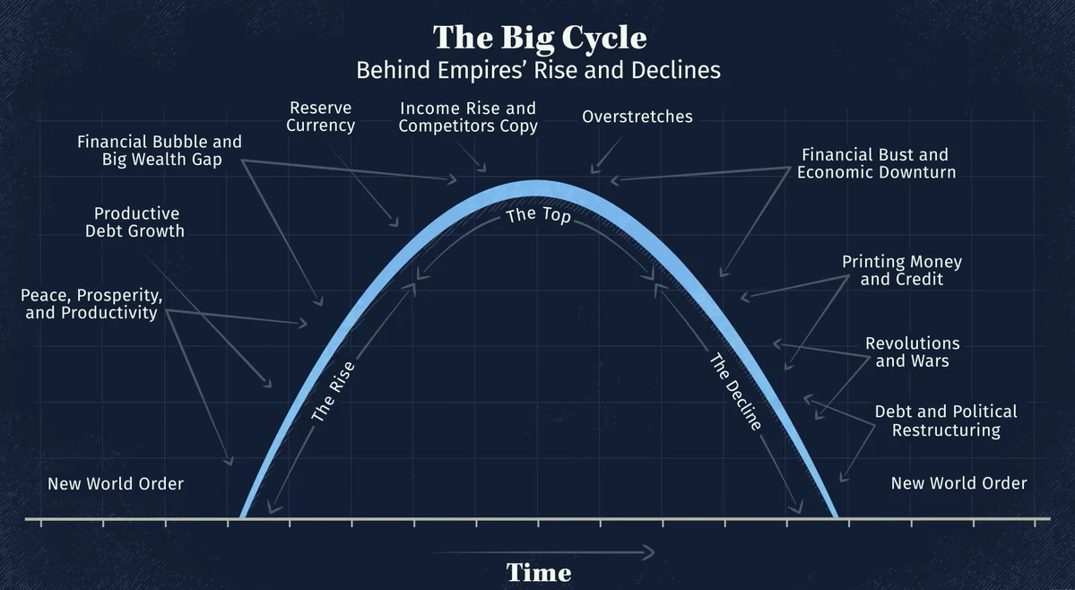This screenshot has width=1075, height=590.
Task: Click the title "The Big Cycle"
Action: (539, 38)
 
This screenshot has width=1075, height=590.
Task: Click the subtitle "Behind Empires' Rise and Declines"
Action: (538, 70)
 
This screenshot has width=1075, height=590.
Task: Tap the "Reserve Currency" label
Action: (320, 117)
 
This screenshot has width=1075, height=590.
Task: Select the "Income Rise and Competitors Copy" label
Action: (468, 117)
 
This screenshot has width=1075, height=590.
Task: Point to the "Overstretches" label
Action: (637, 117)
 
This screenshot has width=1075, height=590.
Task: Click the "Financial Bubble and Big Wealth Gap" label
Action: (160, 151)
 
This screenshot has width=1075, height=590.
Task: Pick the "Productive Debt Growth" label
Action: (139, 222)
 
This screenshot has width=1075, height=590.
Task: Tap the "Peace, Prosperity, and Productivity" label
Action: (91, 304)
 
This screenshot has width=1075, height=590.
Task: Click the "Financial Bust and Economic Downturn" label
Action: (876, 163)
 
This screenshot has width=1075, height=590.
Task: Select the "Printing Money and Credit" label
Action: (901, 270)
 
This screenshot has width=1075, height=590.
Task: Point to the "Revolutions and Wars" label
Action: (912, 352)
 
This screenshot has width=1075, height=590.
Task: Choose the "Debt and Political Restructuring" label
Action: (946, 421)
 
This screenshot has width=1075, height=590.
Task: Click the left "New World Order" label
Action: (116, 484)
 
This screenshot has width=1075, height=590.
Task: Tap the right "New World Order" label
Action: (958, 483)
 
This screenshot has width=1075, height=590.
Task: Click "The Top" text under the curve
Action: (538, 215)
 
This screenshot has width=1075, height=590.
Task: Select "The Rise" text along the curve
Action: (334, 392)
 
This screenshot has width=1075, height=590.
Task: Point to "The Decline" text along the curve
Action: (736, 392)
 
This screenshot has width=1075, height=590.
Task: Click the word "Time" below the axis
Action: (538, 572)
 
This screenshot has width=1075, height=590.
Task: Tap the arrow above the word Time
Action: (542, 552)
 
